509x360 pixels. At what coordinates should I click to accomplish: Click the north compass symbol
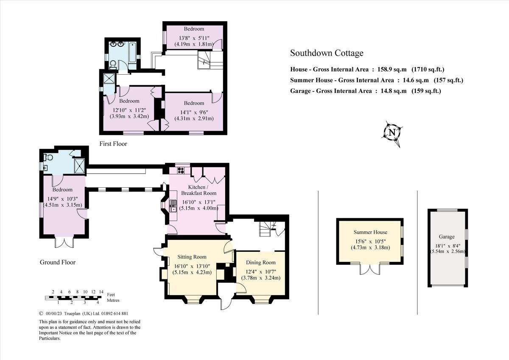tap(392, 132)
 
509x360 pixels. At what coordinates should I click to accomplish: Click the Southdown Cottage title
tap(327, 53)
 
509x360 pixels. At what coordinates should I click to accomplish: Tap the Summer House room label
tap(370, 232)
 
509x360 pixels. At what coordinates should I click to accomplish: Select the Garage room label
tap(447, 237)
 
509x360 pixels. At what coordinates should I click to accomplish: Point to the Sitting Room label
tap(192, 257)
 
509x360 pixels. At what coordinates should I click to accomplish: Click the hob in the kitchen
tap(180, 171)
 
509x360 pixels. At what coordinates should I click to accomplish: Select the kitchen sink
tap(173, 208)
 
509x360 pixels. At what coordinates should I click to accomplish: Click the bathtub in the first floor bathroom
tap(133, 51)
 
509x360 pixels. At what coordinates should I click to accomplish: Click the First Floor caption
tap(113, 144)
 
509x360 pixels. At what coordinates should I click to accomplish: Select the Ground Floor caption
tap(58, 262)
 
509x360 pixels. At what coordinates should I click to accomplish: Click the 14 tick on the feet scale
tap(101, 292)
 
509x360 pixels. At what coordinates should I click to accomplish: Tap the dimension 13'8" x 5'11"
tap(193, 37)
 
